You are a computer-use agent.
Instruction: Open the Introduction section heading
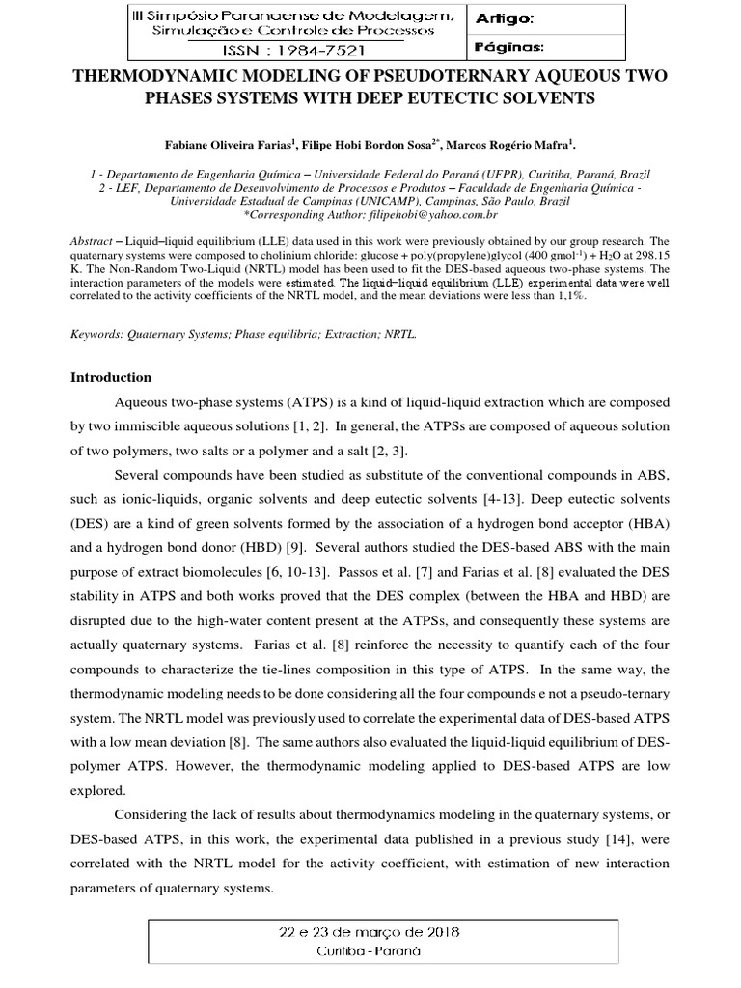point(112,377)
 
